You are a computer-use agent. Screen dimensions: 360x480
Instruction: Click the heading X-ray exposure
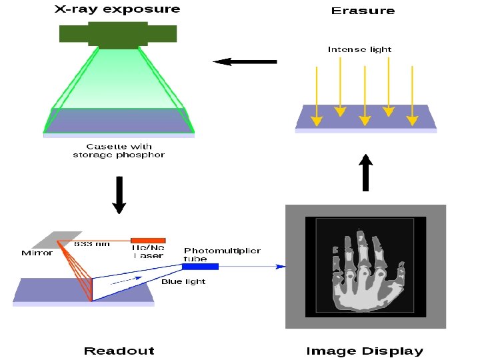[x=117, y=9]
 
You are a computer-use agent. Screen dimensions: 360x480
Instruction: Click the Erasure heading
[x=363, y=11]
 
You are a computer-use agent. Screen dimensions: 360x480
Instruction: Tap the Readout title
[x=119, y=351]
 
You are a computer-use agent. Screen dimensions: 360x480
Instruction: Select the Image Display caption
[x=364, y=351]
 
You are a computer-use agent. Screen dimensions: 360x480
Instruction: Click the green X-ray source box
[x=118, y=34]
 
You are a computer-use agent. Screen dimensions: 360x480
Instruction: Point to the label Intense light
[x=359, y=49]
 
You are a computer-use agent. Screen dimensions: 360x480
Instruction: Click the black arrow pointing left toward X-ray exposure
[x=245, y=62]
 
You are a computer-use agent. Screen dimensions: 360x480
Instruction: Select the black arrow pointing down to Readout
[x=119, y=195]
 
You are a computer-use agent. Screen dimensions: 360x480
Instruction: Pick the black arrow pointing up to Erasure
[x=365, y=173]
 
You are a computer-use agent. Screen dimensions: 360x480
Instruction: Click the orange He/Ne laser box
[x=148, y=240]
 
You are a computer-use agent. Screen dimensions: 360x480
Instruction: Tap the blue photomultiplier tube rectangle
[x=201, y=267]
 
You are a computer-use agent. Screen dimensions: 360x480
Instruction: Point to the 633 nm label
[x=92, y=245]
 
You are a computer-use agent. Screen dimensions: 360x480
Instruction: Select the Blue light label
[x=183, y=281]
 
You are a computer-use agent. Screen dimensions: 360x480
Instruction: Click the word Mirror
[x=37, y=253]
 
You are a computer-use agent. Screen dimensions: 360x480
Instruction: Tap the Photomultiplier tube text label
[x=222, y=255]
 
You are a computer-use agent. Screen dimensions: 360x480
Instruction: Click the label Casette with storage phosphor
[x=119, y=151]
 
